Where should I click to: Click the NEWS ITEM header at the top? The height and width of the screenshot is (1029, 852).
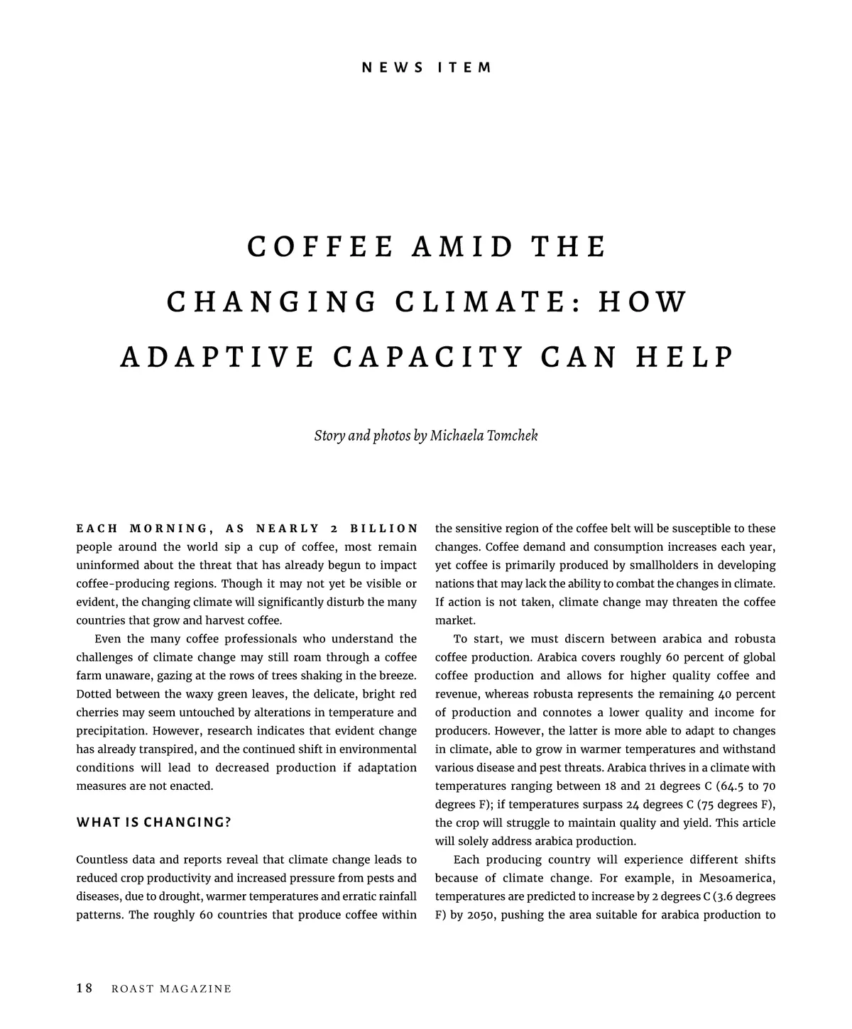tap(426, 68)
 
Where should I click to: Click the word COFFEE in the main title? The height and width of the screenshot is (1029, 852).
tap(320, 247)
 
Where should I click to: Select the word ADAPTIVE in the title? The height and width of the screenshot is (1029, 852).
tap(217, 357)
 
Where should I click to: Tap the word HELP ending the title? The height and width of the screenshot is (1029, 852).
tap(684, 357)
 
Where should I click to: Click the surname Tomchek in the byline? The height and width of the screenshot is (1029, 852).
tap(512, 435)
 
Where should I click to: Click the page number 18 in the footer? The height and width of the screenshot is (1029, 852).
tap(84, 989)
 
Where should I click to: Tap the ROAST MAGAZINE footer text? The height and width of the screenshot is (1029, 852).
tap(171, 989)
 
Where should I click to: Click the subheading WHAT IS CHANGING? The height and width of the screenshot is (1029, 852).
tap(154, 823)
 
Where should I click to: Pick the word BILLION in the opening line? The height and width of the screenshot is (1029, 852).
tap(385, 529)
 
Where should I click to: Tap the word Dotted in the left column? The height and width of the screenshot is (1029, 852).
tap(93, 694)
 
